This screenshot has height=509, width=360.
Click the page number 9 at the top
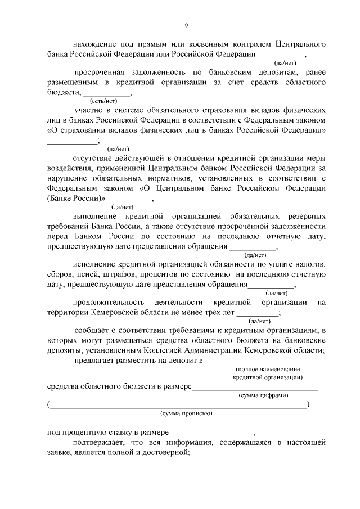click(186, 25)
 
